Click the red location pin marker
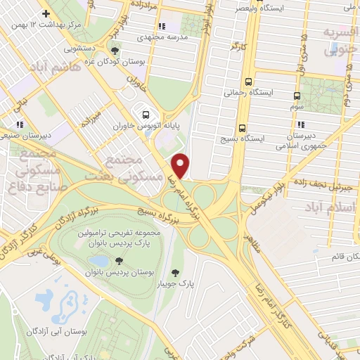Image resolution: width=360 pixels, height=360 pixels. point(181,166)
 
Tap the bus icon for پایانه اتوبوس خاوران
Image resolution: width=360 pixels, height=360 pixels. point(146,115)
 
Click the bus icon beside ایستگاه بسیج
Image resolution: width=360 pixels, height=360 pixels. point(243,128)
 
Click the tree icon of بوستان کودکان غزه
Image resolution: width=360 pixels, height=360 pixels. point(114,50)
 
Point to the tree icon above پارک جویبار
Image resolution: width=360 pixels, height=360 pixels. point(175,273)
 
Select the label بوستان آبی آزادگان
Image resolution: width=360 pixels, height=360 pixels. point(58,330)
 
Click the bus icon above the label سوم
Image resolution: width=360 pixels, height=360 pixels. point(296,96)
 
